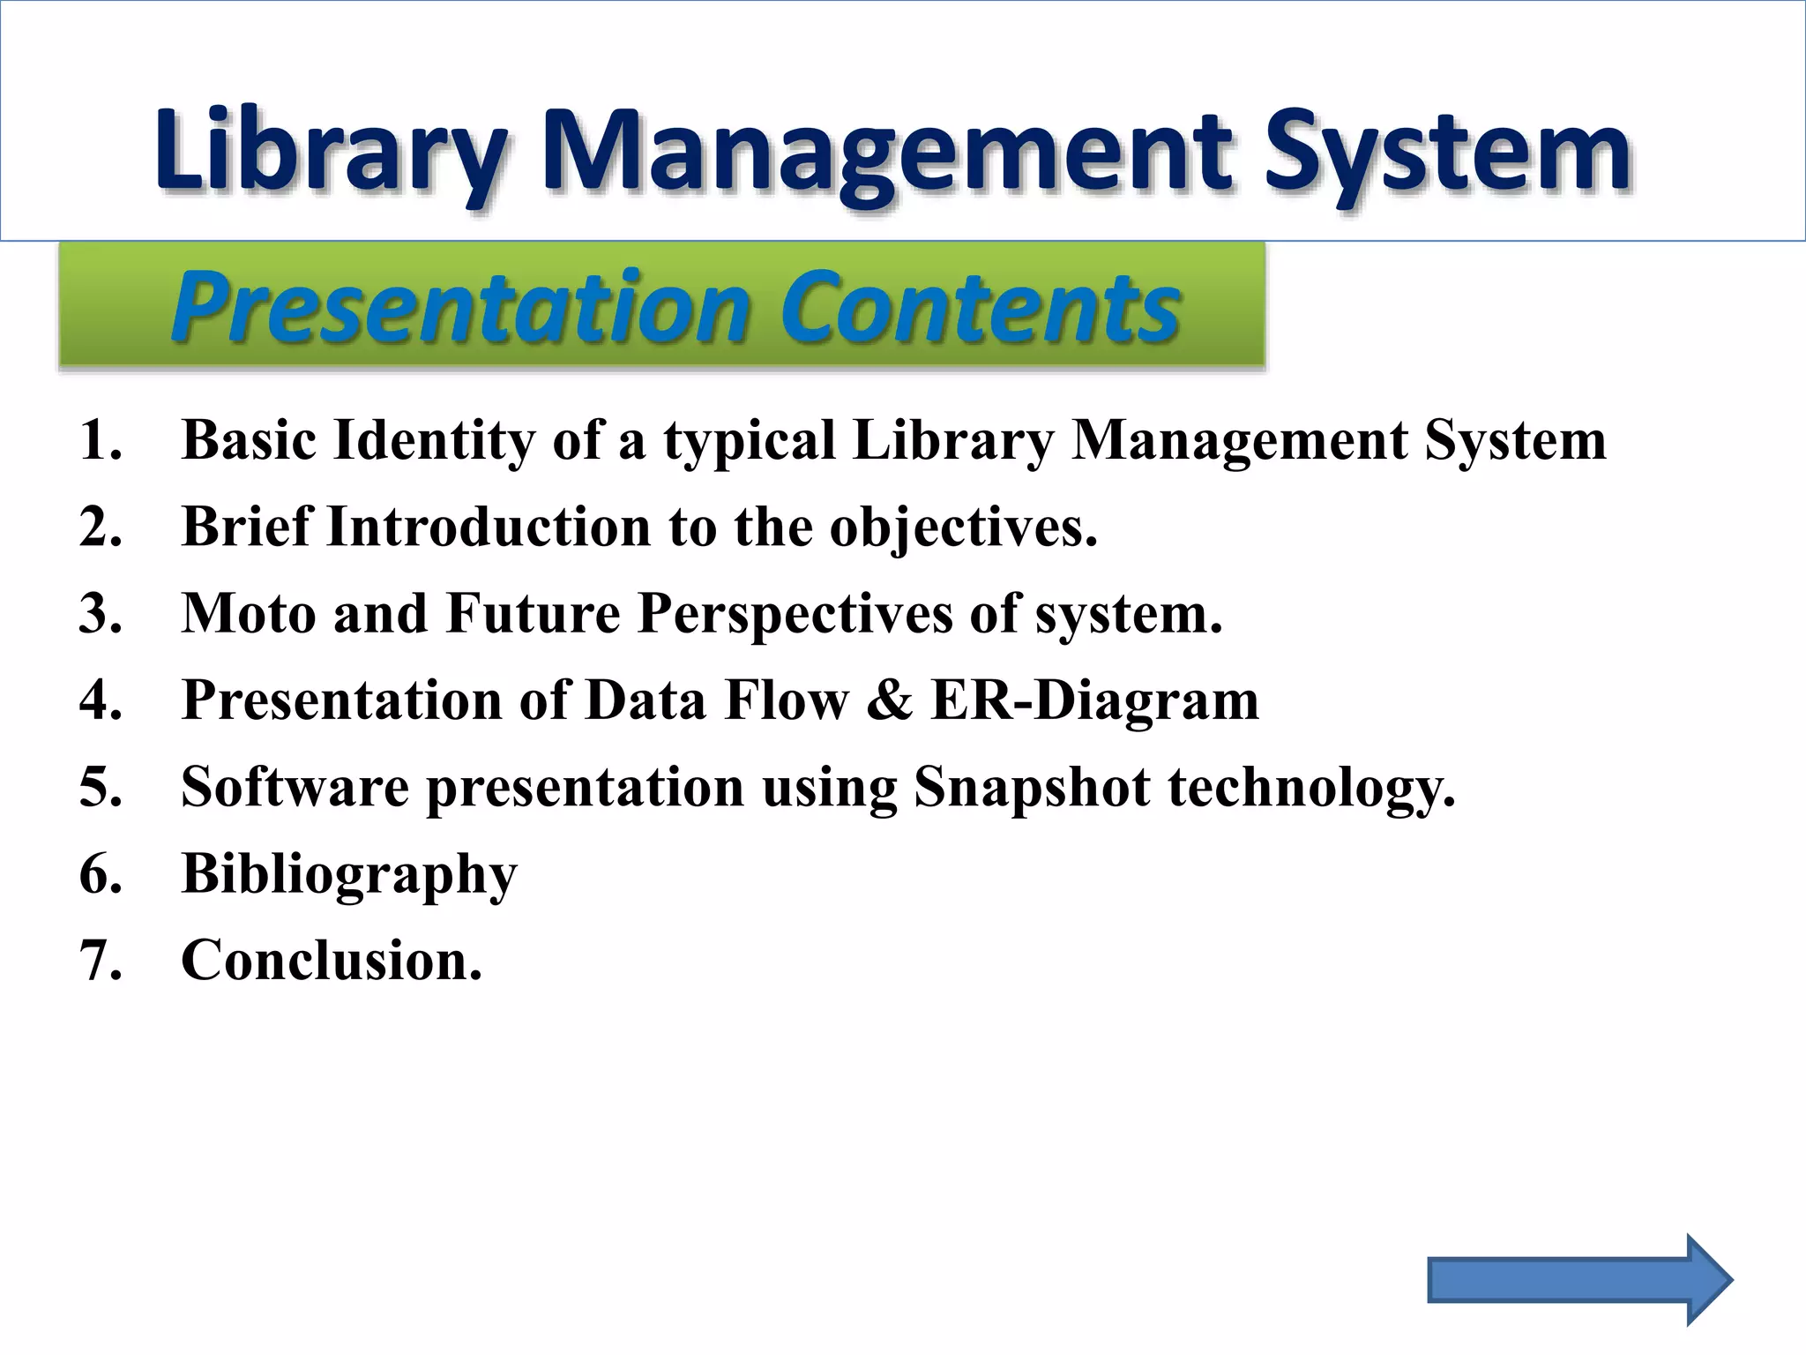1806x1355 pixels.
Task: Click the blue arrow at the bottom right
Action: click(1578, 1280)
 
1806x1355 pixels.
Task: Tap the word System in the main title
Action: click(1446, 152)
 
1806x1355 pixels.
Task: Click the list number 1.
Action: click(99, 440)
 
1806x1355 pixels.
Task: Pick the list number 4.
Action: click(99, 700)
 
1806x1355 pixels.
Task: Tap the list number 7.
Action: click(99, 961)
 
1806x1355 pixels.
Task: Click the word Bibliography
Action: click(349, 875)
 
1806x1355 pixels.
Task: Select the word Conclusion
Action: click(332, 961)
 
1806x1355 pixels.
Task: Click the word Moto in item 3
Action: click(248, 613)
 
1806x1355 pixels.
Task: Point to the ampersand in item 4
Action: click(890, 700)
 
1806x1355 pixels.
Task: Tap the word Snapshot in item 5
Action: click(1032, 787)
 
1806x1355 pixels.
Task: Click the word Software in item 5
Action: click(295, 787)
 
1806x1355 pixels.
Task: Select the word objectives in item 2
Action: click(963, 528)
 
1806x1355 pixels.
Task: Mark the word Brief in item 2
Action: click(246, 527)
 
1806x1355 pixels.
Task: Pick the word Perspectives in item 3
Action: click(795, 613)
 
